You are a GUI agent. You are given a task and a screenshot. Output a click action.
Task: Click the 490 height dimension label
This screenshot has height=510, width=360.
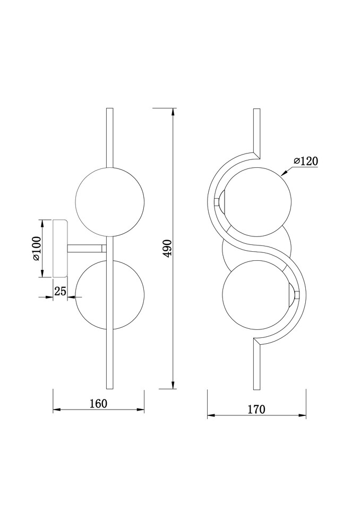[167, 249]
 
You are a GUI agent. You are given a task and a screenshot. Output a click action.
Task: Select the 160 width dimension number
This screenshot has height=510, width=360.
[98, 404]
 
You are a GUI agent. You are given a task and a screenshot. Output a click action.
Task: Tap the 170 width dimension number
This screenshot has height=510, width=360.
[256, 410]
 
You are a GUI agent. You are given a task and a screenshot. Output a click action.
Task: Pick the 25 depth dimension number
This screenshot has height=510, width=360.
[60, 291]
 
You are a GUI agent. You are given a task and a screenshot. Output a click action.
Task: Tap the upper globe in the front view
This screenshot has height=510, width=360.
[257, 201]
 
